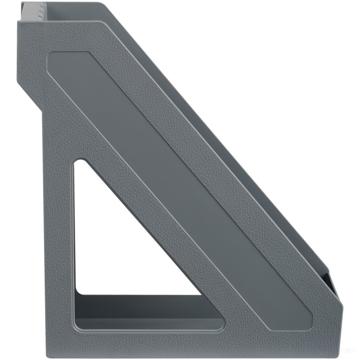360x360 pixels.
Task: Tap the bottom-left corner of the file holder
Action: coord(48,355)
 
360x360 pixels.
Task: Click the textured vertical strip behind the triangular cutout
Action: coord(59,242)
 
